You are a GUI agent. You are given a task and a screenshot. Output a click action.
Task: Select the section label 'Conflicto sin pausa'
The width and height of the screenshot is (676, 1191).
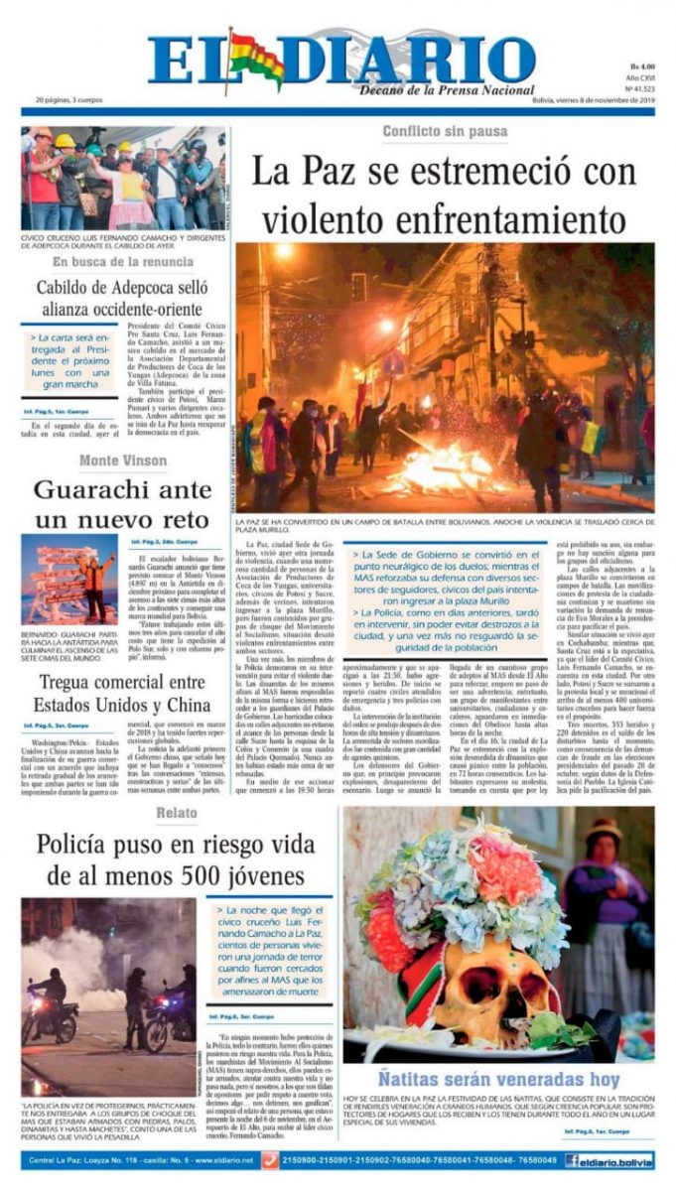click(x=445, y=132)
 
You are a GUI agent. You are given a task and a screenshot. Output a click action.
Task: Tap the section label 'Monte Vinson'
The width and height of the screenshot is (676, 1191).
click(x=123, y=461)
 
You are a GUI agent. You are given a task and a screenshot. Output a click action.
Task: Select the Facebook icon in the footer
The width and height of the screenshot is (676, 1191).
click(x=573, y=1160)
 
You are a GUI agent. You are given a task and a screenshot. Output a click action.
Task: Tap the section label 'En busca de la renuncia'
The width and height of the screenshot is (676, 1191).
click(x=123, y=262)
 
